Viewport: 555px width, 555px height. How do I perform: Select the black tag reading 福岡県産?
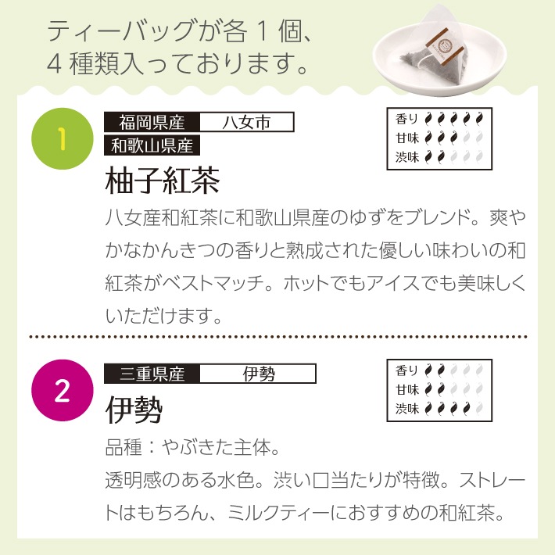click(x=152, y=123)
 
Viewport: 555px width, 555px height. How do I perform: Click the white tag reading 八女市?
click(x=246, y=123)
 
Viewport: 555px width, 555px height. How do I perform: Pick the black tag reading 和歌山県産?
click(x=152, y=144)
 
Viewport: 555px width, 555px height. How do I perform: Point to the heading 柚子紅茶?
click(x=162, y=181)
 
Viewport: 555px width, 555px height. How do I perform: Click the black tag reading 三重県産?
click(x=152, y=374)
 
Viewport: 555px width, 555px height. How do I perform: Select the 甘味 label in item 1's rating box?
click(x=407, y=138)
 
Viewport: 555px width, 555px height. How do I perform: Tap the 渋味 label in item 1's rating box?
click(x=407, y=156)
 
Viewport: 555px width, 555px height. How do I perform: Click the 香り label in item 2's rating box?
click(x=407, y=370)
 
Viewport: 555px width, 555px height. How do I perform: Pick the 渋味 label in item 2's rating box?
click(x=407, y=407)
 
